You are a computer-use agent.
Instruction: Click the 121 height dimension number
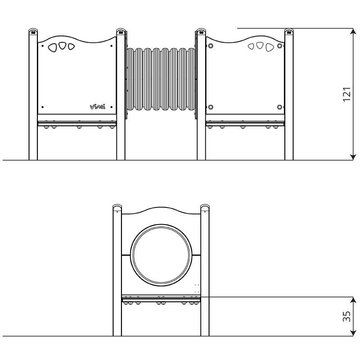347,94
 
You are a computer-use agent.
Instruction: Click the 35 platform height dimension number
346,316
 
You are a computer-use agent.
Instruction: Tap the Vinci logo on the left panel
97,107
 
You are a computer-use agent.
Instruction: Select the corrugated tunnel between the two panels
161,79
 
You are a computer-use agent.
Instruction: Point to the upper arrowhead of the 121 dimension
353,31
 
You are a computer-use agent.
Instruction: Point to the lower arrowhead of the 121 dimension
353,157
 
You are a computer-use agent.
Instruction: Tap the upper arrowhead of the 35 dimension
353,300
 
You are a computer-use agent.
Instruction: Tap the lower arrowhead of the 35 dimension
353,333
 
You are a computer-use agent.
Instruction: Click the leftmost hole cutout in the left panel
52,48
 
